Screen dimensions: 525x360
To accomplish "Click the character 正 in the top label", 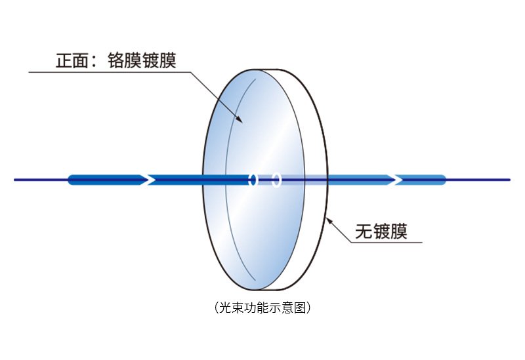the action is pyautogui.click(x=64, y=60).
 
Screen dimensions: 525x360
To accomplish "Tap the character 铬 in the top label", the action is pyautogui.click(x=116, y=60).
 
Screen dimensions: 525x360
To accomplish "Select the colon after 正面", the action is pyautogui.click(x=94, y=61).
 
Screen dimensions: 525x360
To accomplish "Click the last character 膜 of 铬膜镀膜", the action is pyautogui.click(x=168, y=60).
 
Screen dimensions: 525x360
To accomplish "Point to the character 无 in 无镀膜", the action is pyautogui.click(x=364, y=231).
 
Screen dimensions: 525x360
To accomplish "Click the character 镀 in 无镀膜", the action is pyautogui.click(x=381, y=231).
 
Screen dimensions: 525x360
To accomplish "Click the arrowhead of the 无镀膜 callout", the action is pyautogui.click(x=329, y=221).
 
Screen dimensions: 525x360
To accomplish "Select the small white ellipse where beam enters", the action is pyautogui.click(x=253, y=180).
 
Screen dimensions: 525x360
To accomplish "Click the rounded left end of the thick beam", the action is pyautogui.click(x=70, y=180).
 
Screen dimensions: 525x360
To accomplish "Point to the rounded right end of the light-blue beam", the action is pyautogui.click(x=444, y=180).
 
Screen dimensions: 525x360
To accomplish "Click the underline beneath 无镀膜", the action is pyautogui.click(x=387, y=242).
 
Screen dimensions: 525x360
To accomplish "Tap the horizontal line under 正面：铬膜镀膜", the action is pyautogui.click(x=110, y=72).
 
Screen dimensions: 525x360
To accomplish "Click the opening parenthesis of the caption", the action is pyautogui.click(x=217, y=307).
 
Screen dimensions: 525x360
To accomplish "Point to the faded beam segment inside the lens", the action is pyautogui.click(x=292, y=180).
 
